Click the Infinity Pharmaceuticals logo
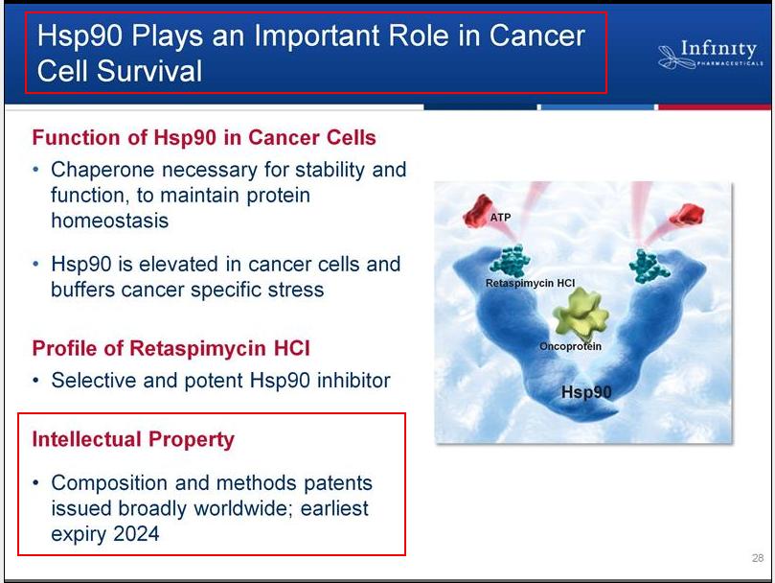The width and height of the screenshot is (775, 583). [711, 55]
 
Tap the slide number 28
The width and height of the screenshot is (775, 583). [757, 558]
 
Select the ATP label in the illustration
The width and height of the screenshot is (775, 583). [500, 218]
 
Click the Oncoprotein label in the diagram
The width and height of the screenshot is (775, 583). [570, 346]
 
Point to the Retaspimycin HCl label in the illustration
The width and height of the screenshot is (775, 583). [530, 283]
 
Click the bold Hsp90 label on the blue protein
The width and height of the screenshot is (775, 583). [586, 392]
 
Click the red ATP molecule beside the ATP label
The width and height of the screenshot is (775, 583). [476, 212]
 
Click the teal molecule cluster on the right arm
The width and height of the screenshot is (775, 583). [649, 267]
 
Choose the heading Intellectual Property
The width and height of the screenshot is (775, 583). [133, 440]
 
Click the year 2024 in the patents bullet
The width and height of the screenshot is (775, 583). [136, 534]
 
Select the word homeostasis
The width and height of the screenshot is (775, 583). [110, 221]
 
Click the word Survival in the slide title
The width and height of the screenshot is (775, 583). [149, 71]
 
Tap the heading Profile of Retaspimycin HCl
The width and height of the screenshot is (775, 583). [171, 348]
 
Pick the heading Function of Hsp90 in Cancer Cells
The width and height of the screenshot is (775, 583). [204, 137]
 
